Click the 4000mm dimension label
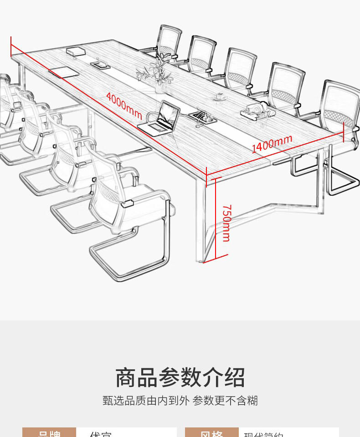coord(124,106)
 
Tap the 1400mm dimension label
coord(272,143)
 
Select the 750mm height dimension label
coord(226,223)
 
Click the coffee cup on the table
coord(221,96)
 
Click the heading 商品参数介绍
coord(180,378)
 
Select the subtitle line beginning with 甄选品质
coord(180,401)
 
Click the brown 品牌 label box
coord(49,433)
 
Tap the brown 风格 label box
coord(211,433)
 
